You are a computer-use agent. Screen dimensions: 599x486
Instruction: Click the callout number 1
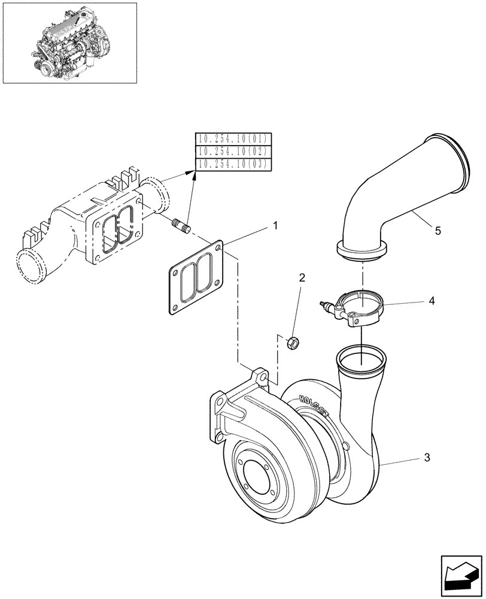(x=275, y=226)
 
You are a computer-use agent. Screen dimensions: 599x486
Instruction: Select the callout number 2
(x=302, y=277)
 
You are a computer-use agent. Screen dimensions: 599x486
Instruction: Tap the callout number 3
(x=426, y=458)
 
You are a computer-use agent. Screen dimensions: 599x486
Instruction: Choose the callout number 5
(x=438, y=231)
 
